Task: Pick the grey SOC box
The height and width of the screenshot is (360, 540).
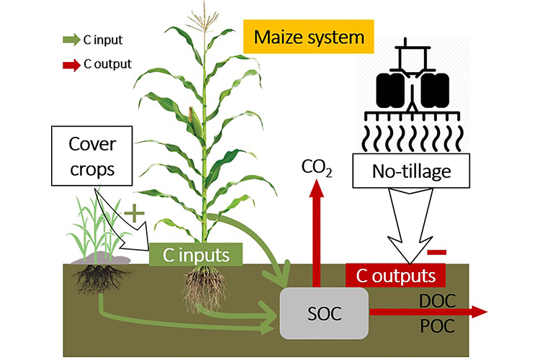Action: click(323, 313)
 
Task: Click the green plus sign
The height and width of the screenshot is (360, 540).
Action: click(132, 214)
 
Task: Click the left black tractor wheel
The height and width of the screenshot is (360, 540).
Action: click(385, 86)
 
